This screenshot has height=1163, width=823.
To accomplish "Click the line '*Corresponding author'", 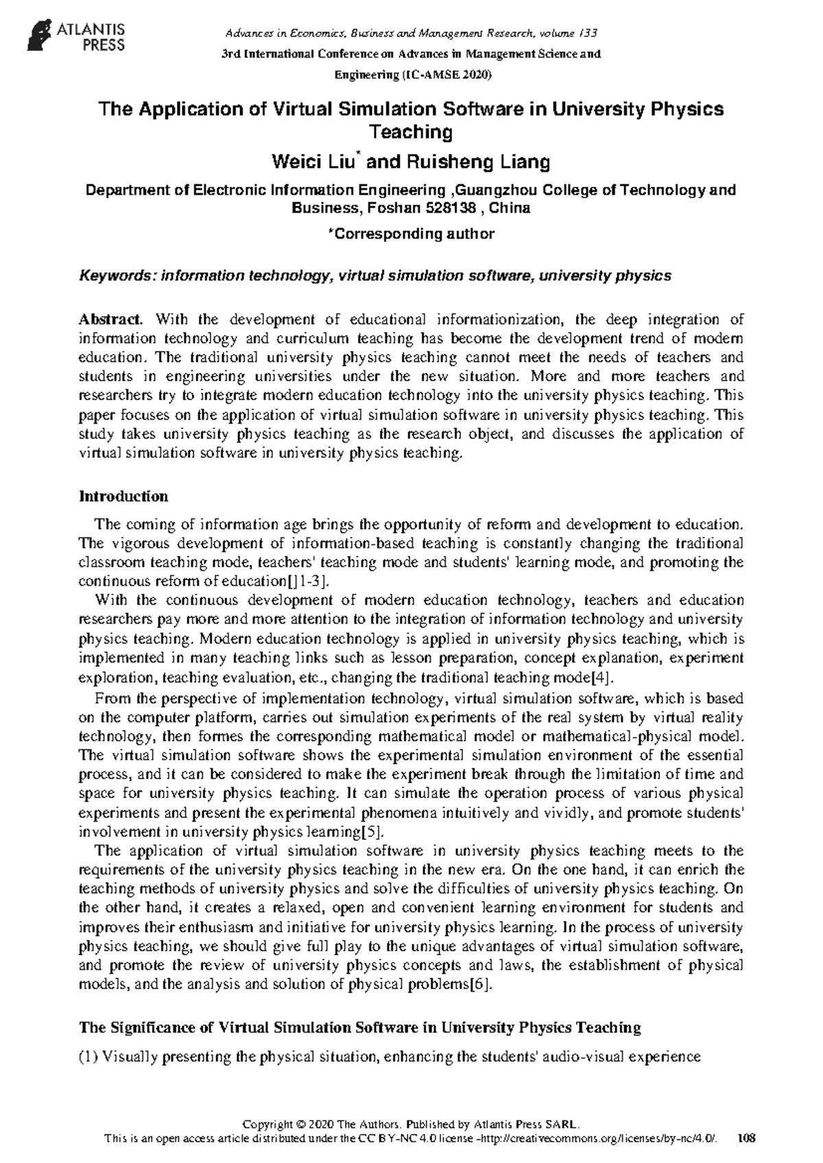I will (x=411, y=234).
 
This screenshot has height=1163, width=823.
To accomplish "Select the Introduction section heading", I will (x=123, y=496).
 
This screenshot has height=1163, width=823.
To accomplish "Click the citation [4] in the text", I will (x=600, y=678).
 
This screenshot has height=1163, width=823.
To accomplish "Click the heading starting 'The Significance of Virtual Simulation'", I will (x=360, y=1027).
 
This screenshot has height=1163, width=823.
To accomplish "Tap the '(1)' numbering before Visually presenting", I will (x=89, y=1057).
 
